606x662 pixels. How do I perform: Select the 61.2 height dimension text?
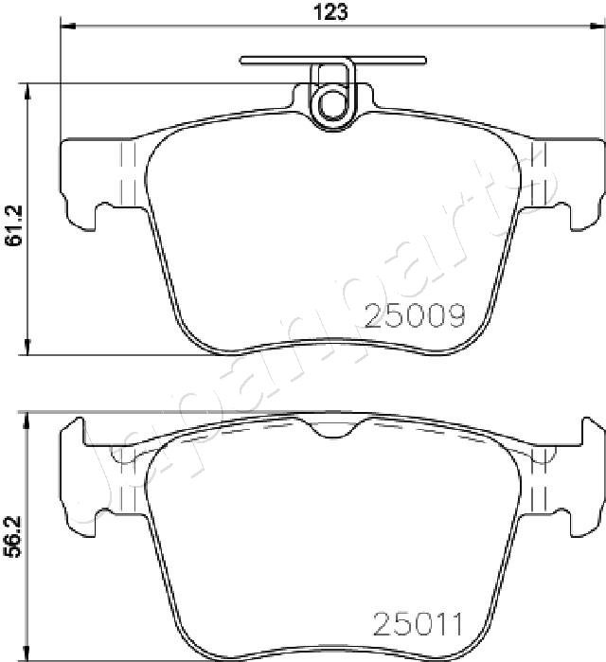click(x=13, y=226)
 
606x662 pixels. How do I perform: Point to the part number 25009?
click(x=415, y=315)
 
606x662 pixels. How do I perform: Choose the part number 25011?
click(x=417, y=624)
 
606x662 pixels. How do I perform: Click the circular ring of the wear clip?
click(x=331, y=100)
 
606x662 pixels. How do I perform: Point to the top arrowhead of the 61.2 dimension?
click(x=29, y=91)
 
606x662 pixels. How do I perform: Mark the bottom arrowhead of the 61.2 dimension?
click(x=29, y=348)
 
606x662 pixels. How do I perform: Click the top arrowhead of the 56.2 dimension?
click(x=29, y=420)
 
